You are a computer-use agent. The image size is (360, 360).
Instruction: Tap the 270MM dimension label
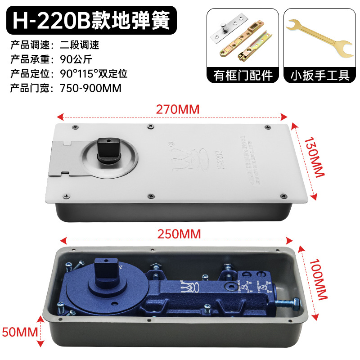click(178, 109)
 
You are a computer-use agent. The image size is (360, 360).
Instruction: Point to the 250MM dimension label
click(179, 234)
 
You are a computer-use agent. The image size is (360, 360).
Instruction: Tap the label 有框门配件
click(243, 75)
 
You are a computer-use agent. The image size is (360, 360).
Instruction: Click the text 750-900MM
click(90, 88)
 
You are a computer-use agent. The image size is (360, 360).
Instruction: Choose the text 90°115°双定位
click(94, 74)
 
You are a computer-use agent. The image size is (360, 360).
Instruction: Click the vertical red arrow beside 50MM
click(41, 333)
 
